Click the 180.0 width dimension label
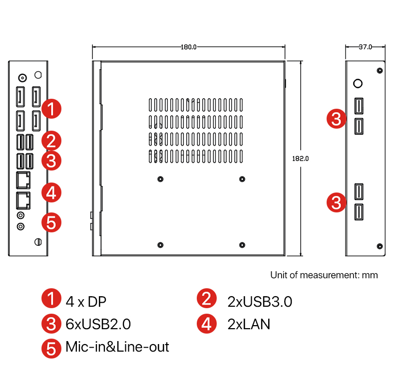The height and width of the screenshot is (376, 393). pos(189,47)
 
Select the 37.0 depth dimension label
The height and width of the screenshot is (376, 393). pos(366,47)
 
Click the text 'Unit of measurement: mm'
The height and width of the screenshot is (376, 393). pos(324,275)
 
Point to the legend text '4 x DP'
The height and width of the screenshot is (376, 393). pos(86,301)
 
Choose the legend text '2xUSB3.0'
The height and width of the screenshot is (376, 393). pos(259,301)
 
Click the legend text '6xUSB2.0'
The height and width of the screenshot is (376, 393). pos(98,324)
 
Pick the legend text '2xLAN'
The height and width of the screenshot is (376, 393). pos(248,324)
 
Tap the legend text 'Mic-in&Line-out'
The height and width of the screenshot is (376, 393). pos(117,347)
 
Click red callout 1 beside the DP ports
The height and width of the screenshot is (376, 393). pos(51,108)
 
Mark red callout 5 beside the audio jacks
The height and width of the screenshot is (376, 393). pos(51,222)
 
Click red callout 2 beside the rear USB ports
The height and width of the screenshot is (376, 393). pos(51,140)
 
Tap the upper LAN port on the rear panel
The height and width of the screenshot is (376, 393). pos(23,179)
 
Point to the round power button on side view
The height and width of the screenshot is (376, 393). pos(358,83)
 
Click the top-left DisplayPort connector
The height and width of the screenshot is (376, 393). pos(20,96)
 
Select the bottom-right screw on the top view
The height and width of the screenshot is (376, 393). pos(242,244)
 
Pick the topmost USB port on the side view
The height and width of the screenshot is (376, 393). pos(359,105)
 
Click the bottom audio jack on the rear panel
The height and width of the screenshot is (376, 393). pos(20,226)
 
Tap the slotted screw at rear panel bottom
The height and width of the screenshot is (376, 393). pos(37,242)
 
